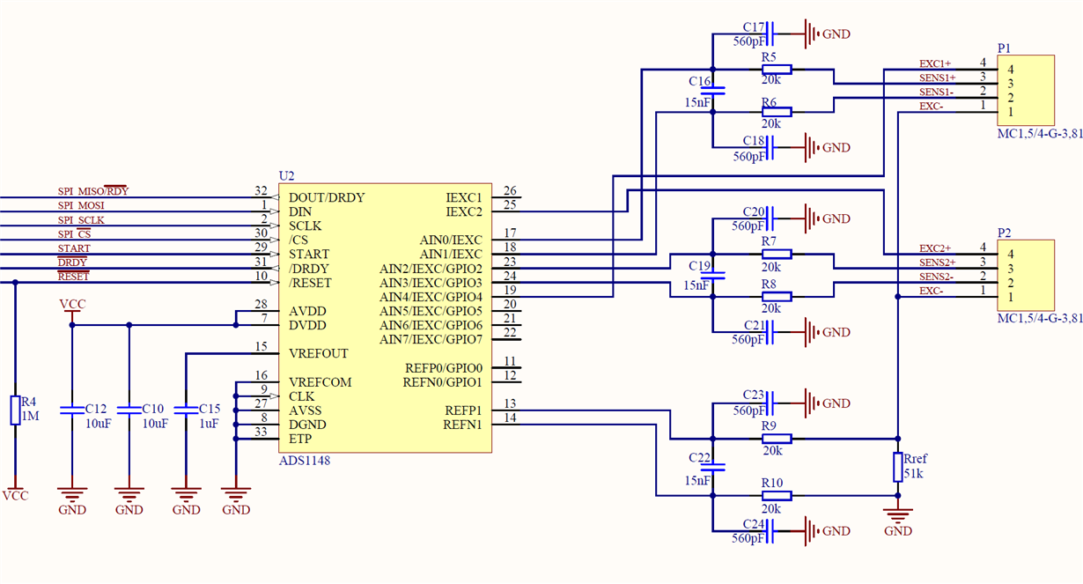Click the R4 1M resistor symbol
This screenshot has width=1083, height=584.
(16, 410)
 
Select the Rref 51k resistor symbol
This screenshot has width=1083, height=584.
(898, 467)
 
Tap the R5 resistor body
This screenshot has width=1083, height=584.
(777, 70)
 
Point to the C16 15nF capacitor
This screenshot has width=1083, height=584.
(712, 91)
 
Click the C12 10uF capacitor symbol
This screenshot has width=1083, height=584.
(72, 410)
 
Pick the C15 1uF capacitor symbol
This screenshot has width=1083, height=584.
(186, 410)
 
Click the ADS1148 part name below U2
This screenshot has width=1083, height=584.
(305, 460)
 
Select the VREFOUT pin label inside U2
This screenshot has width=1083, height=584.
(318, 354)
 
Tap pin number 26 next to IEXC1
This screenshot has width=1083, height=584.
(510, 190)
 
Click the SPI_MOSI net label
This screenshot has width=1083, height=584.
(81, 205)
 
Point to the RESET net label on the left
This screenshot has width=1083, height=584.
(73, 277)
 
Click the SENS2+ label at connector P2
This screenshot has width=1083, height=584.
(937, 262)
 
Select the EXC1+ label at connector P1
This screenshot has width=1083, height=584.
(934, 64)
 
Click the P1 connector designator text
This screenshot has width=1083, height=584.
(1004, 48)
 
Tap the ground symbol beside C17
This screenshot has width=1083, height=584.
(811, 33)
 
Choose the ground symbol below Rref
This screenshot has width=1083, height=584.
(898, 516)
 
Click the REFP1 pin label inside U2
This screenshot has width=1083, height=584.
(463, 410)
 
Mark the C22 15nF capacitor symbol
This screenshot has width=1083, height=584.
(712, 467)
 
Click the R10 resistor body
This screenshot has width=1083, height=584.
(777, 495)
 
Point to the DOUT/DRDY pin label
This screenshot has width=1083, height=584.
(327, 197)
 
